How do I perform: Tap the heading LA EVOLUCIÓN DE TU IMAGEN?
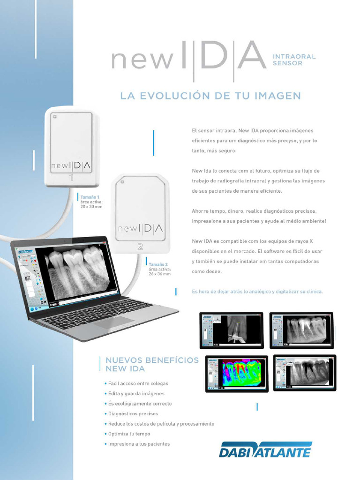click(x=210, y=96)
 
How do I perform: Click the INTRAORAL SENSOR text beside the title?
click(x=294, y=60)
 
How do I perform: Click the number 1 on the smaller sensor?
click(x=71, y=178)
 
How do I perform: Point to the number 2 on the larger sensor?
click(x=140, y=246)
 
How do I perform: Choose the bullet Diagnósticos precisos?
click(x=133, y=413)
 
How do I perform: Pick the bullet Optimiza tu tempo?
click(x=129, y=434)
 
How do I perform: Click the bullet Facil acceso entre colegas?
click(x=138, y=383)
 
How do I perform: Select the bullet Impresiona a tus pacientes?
click(x=139, y=444)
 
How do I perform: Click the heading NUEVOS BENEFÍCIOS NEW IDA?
click(x=152, y=364)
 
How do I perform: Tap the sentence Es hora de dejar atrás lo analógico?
click(x=257, y=292)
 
